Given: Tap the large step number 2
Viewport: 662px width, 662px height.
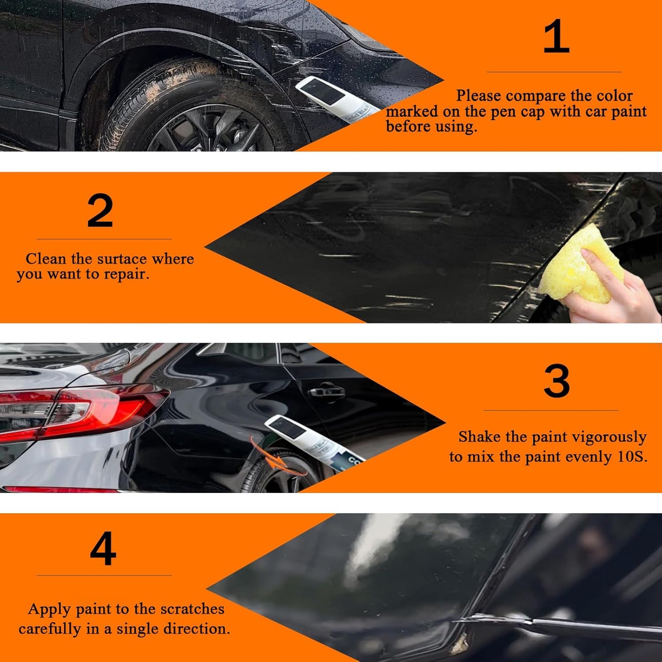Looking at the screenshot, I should click(x=100, y=211).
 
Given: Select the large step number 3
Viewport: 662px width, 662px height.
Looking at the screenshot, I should click(x=557, y=381).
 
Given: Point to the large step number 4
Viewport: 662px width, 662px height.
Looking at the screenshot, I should click(x=103, y=549).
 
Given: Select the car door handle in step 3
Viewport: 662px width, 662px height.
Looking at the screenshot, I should click(x=326, y=392).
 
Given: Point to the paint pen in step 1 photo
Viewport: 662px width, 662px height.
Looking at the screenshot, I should click(x=334, y=98).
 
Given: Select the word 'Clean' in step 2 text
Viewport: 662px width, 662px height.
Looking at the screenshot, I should click(x=46, y=259).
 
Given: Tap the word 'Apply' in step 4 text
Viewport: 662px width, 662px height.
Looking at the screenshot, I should click(x=49, y=609).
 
